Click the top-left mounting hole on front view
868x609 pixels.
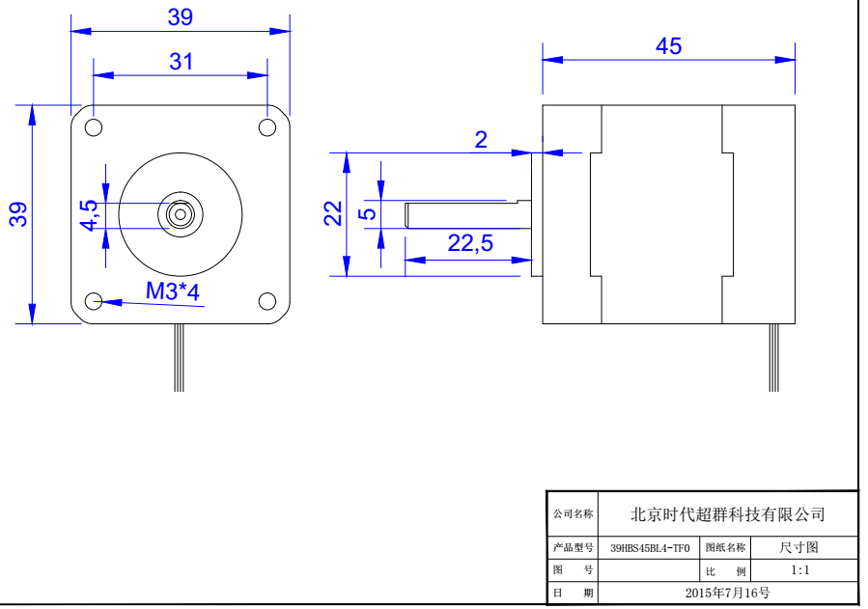point(94,127)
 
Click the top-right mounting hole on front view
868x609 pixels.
point(267,127)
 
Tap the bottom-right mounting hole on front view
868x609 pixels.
point(267,301)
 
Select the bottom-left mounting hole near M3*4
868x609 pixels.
point(94,302)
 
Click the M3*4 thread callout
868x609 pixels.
point(172,291)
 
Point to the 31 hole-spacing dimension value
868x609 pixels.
point(181,62)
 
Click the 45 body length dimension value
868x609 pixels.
point(668,46)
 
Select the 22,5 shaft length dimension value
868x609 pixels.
point(470,243)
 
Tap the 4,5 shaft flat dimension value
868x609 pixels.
point(89,214)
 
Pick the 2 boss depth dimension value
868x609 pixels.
point(481,140)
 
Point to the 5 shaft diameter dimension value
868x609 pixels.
point(367,213)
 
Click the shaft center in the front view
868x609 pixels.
point(181,214)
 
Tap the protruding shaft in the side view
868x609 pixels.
point(463,213)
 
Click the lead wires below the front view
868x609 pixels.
point(179,357)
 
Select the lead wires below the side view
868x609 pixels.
point(773,357)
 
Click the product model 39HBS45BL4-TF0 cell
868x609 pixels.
point(650,548)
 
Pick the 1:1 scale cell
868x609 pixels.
point(799,570)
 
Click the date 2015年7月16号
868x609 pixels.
point(727,592)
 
